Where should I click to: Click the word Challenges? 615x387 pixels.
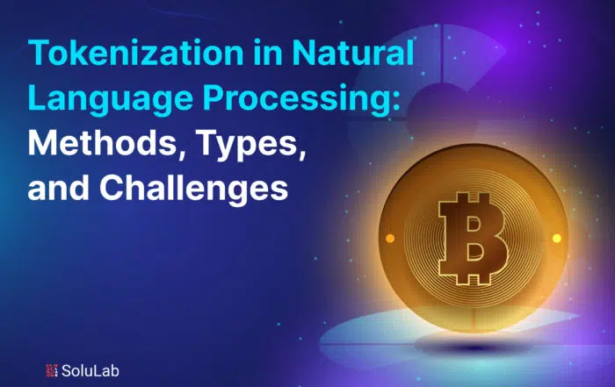tap(194, 189)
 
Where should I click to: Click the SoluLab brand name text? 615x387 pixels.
tap(90, 370)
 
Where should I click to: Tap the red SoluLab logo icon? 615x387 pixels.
tap(52, 370)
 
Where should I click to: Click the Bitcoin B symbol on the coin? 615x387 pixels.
tap(473, 238)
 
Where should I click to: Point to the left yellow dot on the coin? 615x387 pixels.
tap(390, 238)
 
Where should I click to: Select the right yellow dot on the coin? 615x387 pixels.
tap(557, 238)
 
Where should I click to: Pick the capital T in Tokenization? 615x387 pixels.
tap(40, 53)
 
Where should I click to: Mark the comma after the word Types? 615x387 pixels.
tap(302, 154)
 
